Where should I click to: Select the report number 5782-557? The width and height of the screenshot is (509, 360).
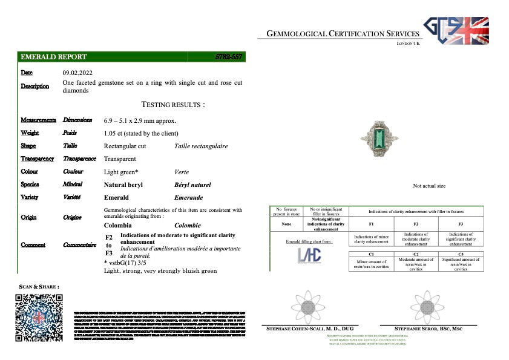[229, 57]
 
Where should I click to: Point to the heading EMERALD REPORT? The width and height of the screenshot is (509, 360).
[54, 57]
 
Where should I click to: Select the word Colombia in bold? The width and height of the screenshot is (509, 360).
[118, 225]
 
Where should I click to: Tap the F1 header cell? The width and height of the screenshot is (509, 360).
[371, 224]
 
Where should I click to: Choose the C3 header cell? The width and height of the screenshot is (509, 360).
[461, 255]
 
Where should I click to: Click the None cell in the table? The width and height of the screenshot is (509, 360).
[286, 224]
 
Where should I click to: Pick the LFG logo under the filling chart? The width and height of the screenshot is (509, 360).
[309, 255]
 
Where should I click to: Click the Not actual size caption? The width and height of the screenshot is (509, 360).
[429, 186]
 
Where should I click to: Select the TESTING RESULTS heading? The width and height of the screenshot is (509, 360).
[172, 105]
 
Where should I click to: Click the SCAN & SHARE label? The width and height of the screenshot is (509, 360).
[39, 286]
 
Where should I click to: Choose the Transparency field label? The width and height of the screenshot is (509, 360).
[37, 159]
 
